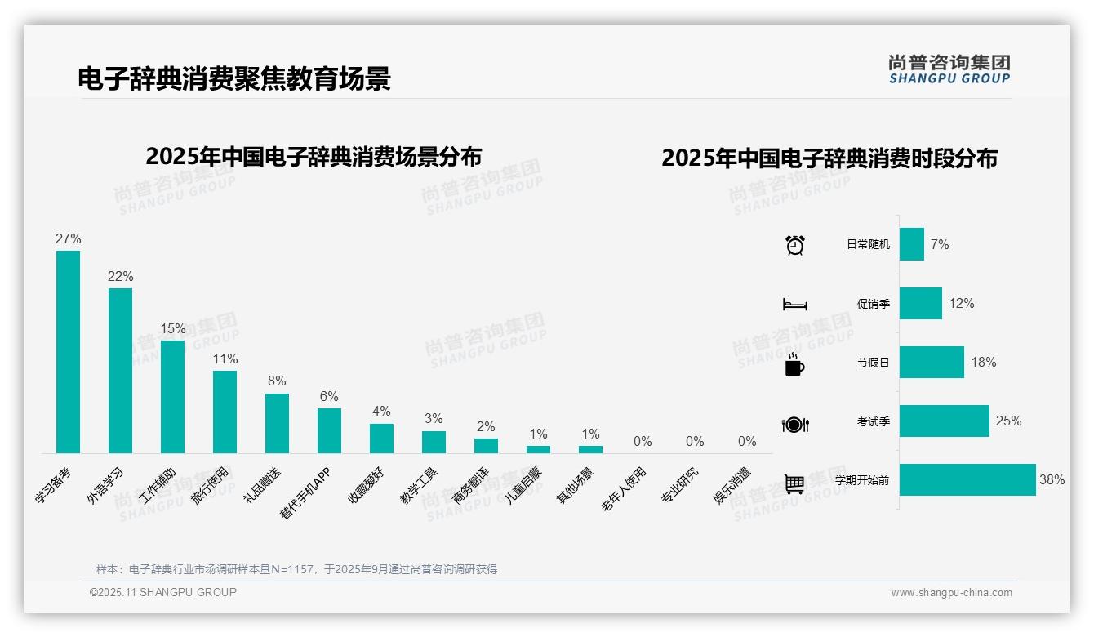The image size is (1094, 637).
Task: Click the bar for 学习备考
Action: pyautogui.click(x=68, y=352)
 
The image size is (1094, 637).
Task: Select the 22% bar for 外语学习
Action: pyautogui.click(x=120, y=371)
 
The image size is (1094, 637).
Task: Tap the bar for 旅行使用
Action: pyautogui.click(x=225, y=412)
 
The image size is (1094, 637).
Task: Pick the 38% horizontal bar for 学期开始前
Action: pyautogui.click(x=967, y=480)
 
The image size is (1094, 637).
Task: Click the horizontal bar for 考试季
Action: pyautogui.click(x=945, y=421)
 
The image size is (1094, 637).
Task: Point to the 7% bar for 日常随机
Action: pyautogui.click(x=912, y=244)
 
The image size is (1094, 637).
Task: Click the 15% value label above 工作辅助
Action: pyautogui.click(x=173, y=329)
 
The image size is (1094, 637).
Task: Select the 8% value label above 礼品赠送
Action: pyautogui.click(x=277, y=381)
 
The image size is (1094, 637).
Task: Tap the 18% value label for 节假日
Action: pyautogui.click(x=984, y=363)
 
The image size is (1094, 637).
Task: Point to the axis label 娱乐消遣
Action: pyautogui.click(x=732, y=486)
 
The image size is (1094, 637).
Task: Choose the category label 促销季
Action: pyautogui.click(x=873, y=304)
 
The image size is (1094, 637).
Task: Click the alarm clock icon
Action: pyautogui.click(x=795, y=245)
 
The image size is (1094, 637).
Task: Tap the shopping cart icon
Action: pyautogui.click(x=794, y=483)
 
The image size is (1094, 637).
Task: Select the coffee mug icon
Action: pyautogui.click(x=794, y=364)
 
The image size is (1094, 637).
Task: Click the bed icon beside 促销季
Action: pyautogui.click(x=794, y=305)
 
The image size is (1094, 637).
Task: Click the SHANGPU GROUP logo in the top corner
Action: pyautogui.click(x=949, y=69)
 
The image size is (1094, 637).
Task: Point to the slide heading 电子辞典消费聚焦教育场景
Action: pyautogui.click(x=234, y=78)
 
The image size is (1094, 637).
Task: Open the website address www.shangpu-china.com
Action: pyautogui.click(x=951, y=593)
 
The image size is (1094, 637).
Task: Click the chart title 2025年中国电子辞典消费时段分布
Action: pyautogui.click(x=829, y=158)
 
